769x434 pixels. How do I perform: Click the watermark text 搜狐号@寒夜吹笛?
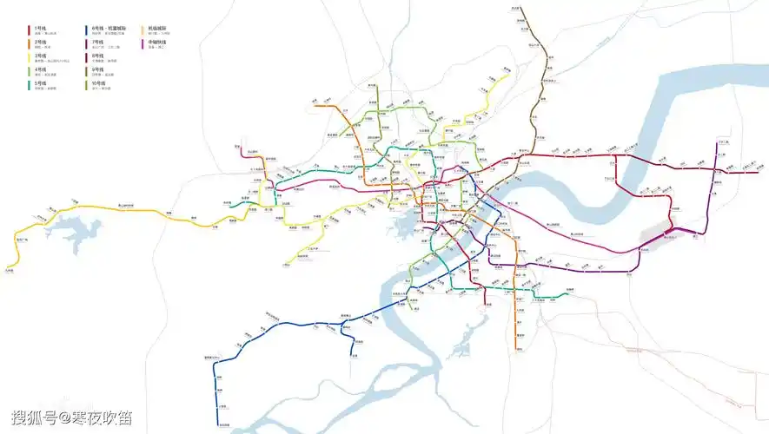[x=72, y=418]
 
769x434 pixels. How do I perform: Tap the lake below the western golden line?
[x=76, y=233]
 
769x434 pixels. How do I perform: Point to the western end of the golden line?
[x=7, y=268]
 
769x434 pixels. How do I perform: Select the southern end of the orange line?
[x=516, y=349]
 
